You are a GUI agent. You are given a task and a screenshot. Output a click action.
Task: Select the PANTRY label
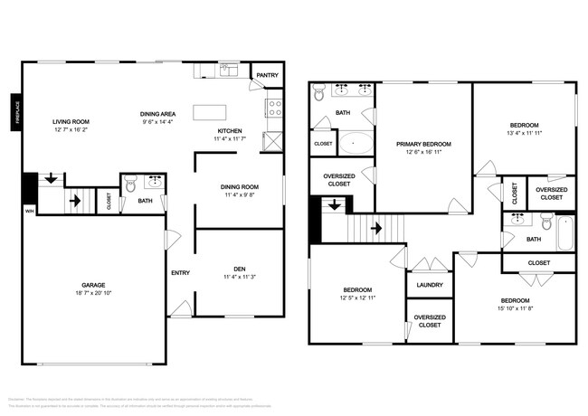coord(267,76)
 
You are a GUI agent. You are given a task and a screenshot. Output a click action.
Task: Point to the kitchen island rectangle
coord(209,111)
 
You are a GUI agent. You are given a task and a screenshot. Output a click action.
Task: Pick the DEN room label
coord(240,268)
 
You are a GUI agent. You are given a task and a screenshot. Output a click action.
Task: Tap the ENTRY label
coord(179,273)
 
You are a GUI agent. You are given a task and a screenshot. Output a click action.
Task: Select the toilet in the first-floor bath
coord(130,184)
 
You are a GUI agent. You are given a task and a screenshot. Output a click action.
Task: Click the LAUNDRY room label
coord(429,285)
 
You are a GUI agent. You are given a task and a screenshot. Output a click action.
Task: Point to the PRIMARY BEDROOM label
coord(424,144)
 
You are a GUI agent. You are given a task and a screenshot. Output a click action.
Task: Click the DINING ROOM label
coord(240,186)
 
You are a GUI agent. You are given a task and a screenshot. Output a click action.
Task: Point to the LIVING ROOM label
coord(71,121)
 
